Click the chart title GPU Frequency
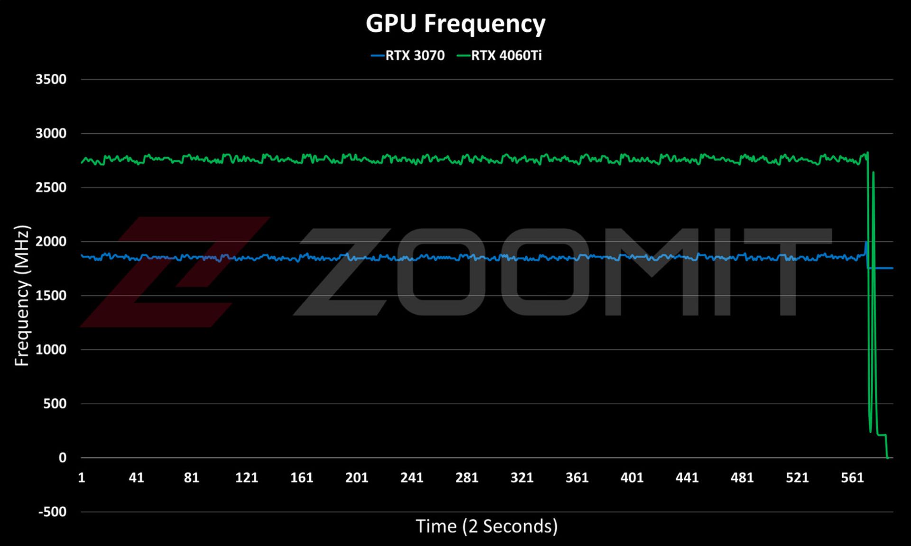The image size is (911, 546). point(455,23)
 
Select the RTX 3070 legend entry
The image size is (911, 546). point(408,55)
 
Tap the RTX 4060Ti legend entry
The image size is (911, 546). point(499,55)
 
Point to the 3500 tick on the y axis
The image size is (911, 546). point(51,79)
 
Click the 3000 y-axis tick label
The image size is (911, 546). point(51,133)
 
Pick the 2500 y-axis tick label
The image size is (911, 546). point(51,187)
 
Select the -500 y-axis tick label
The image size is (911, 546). point(52,511)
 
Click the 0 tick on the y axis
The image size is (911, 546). point(62,457)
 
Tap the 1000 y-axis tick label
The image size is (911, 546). point(51,349)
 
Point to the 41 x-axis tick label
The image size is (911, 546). point(136,477)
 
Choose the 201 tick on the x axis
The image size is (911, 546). point(356,477)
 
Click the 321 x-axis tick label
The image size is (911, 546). point(521,477)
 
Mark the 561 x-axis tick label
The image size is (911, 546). point(852,477)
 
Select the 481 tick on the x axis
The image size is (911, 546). point(742,477)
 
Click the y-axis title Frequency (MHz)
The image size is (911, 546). point(22,295)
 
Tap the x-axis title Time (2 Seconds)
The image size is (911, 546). point(487,526)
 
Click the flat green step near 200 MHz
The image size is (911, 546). point(882,435)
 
